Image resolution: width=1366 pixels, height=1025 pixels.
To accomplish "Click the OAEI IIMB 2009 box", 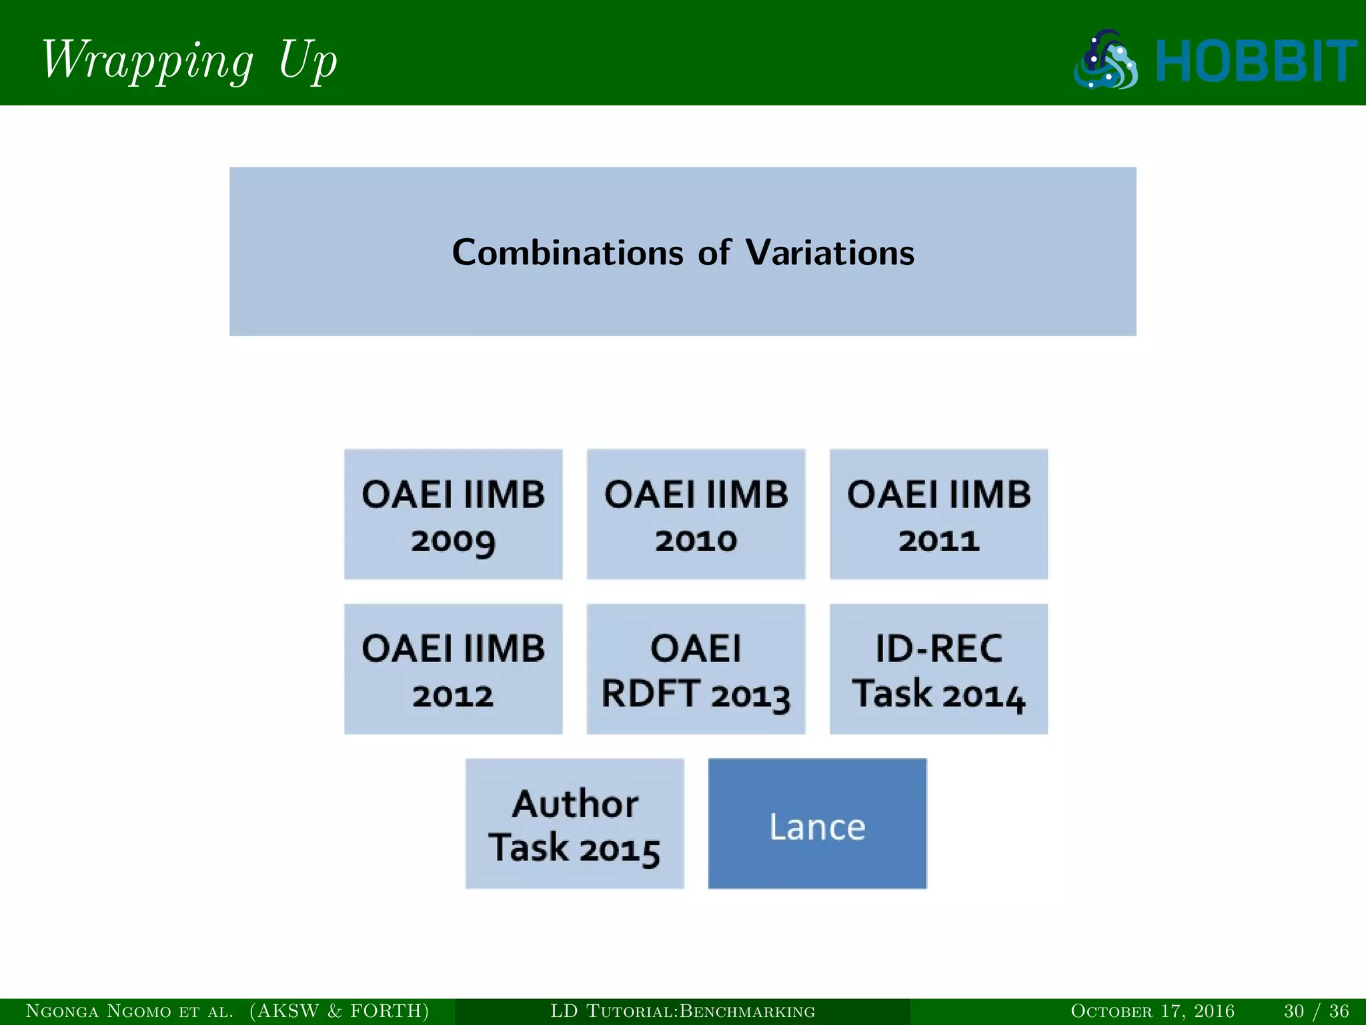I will [x=453, y=515].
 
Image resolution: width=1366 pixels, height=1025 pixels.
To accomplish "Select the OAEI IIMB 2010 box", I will [x=696, y=515].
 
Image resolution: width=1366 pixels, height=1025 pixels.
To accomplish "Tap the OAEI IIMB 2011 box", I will [x=938, y=515].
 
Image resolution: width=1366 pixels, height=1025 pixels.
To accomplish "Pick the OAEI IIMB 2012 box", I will [x=453, y=669].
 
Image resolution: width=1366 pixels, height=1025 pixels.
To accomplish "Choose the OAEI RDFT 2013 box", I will [x=696, y=669].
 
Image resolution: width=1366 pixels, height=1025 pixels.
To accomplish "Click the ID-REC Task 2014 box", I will [x=938, y=669].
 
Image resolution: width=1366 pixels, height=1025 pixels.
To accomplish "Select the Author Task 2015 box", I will [x=574, y=823].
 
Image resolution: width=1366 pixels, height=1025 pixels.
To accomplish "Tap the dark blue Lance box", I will [x=817, y=823].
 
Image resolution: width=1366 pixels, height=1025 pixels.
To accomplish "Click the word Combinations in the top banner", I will [x=568, y=253].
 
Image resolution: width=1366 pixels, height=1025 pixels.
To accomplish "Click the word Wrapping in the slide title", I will [x=147, y=60].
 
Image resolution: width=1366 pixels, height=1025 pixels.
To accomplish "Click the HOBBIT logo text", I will [x=1255, y=61].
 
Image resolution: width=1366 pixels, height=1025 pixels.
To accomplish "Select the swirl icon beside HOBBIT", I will [x=1106, y=60].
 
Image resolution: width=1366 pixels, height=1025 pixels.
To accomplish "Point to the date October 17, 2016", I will [x=1152, y=1011].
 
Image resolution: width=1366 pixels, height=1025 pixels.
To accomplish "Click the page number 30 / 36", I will [x=1316, y=1011].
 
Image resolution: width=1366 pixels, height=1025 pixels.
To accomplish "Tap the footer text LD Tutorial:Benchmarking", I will [x=682, y=1011].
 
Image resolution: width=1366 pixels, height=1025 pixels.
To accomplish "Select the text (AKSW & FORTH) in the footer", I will [x=339, y=1011].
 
